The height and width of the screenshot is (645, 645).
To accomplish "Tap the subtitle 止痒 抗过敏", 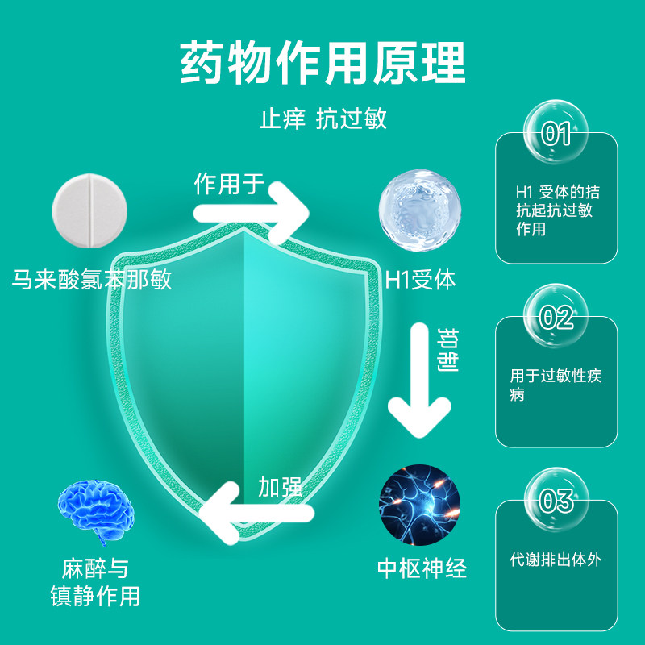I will point(322,119).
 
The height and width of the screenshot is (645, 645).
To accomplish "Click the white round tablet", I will point(89,206).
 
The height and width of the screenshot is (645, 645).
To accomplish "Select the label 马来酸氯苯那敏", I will point(92,280).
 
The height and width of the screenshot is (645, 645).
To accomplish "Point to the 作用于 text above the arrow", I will point(230,184).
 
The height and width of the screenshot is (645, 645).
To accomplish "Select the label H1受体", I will point(420,280).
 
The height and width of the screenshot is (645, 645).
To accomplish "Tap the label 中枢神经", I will point(422,568).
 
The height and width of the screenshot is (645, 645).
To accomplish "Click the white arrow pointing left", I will point(254,513).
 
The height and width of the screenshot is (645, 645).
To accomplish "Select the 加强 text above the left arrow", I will point(280,486).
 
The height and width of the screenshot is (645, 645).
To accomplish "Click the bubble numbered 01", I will point(556,133).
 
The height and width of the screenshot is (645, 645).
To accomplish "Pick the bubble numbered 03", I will point(556,501).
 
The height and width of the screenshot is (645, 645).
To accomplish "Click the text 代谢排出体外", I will point(556,558).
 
